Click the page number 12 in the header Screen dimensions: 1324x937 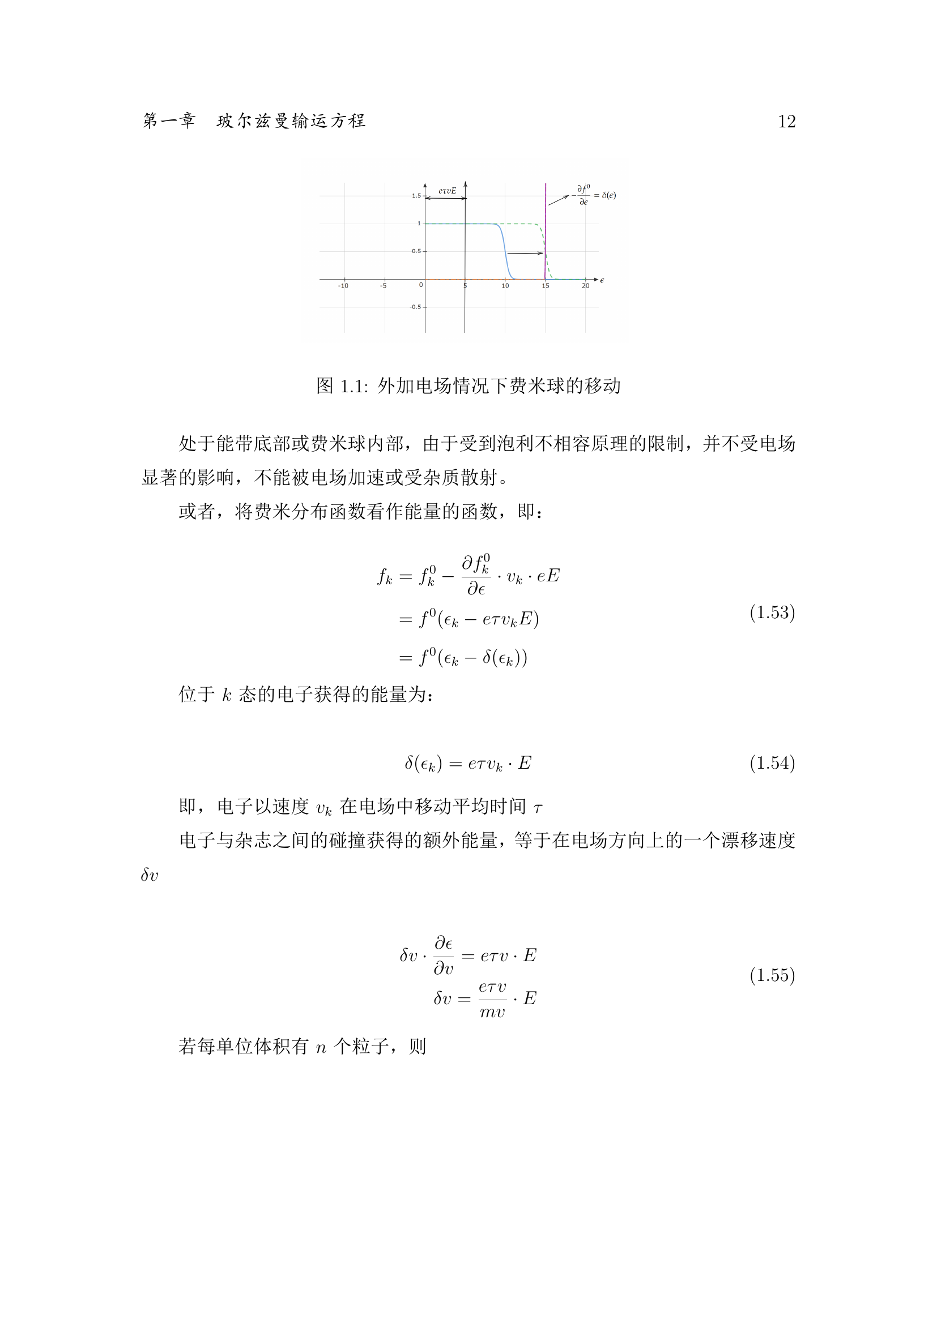click(x=786, y=122)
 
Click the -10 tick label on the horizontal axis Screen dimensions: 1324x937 click(x=343, y=286)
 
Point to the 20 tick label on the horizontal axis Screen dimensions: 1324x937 click(x=586, y=286)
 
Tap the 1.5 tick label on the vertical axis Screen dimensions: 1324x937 click(x=416, y=196)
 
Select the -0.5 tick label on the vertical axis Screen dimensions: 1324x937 click(x=415, y=307)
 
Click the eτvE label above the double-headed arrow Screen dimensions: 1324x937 click(x=447, y=191)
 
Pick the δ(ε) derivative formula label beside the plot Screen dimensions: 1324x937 click(x=594, y=195)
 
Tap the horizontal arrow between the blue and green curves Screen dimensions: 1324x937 click(x=525, y=253)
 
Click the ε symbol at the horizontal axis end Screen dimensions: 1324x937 click(x=602, y=280)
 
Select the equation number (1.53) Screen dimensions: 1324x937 click(x=772, y=612)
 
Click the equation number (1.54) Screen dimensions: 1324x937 click(x=772, y=764)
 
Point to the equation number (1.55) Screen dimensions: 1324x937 click(x=772, y=975)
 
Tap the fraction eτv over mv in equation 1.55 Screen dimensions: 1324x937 click(x=493, y=999)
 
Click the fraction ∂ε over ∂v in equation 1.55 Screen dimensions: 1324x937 click(x=444, y=955)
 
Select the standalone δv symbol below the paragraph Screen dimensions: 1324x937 click(x=150, y=875)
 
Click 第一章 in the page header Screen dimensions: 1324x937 click(x=169, y=121)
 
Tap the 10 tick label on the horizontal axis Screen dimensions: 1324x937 click(x=505, y=286)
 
